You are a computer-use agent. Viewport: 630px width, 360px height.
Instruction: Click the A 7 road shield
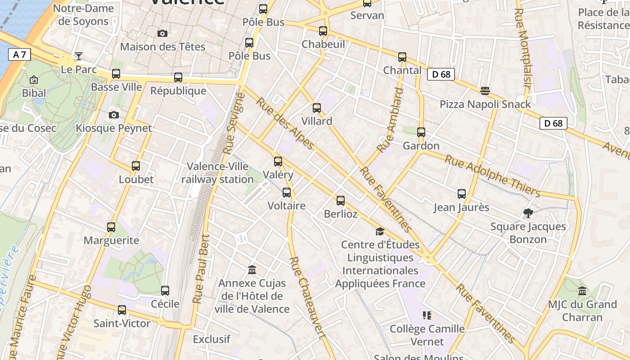click(19, 55)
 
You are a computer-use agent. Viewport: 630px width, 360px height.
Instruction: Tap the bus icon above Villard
click(317, 108)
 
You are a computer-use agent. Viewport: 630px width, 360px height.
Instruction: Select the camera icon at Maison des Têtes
click(162, 33)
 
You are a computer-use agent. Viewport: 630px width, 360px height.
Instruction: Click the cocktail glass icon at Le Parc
click(79, 56)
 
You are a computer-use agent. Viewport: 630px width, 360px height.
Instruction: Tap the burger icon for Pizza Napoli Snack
click(485, 91)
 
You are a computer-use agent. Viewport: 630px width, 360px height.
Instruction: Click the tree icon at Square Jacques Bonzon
click(528, 213)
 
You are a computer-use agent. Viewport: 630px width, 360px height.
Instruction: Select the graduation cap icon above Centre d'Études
click(380, 231)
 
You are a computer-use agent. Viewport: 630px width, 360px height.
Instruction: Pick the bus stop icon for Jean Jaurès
click(462, 194)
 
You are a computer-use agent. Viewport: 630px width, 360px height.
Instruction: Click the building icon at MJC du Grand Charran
click(582, 291)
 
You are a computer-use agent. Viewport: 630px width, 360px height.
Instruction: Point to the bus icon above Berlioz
click(341, 201)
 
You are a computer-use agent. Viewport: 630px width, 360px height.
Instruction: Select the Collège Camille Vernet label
click(427, 335)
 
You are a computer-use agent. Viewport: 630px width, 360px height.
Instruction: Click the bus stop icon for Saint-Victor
click(122, 310)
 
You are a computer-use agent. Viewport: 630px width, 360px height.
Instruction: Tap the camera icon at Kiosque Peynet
click(114, 115)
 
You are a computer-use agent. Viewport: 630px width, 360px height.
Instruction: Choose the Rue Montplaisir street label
click(523, 47)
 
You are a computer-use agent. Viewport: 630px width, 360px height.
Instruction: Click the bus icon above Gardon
click(421, 132)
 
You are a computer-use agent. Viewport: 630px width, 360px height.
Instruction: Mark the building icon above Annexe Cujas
click(252, 270)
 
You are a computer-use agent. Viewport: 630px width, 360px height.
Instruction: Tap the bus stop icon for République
click(178, 77)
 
